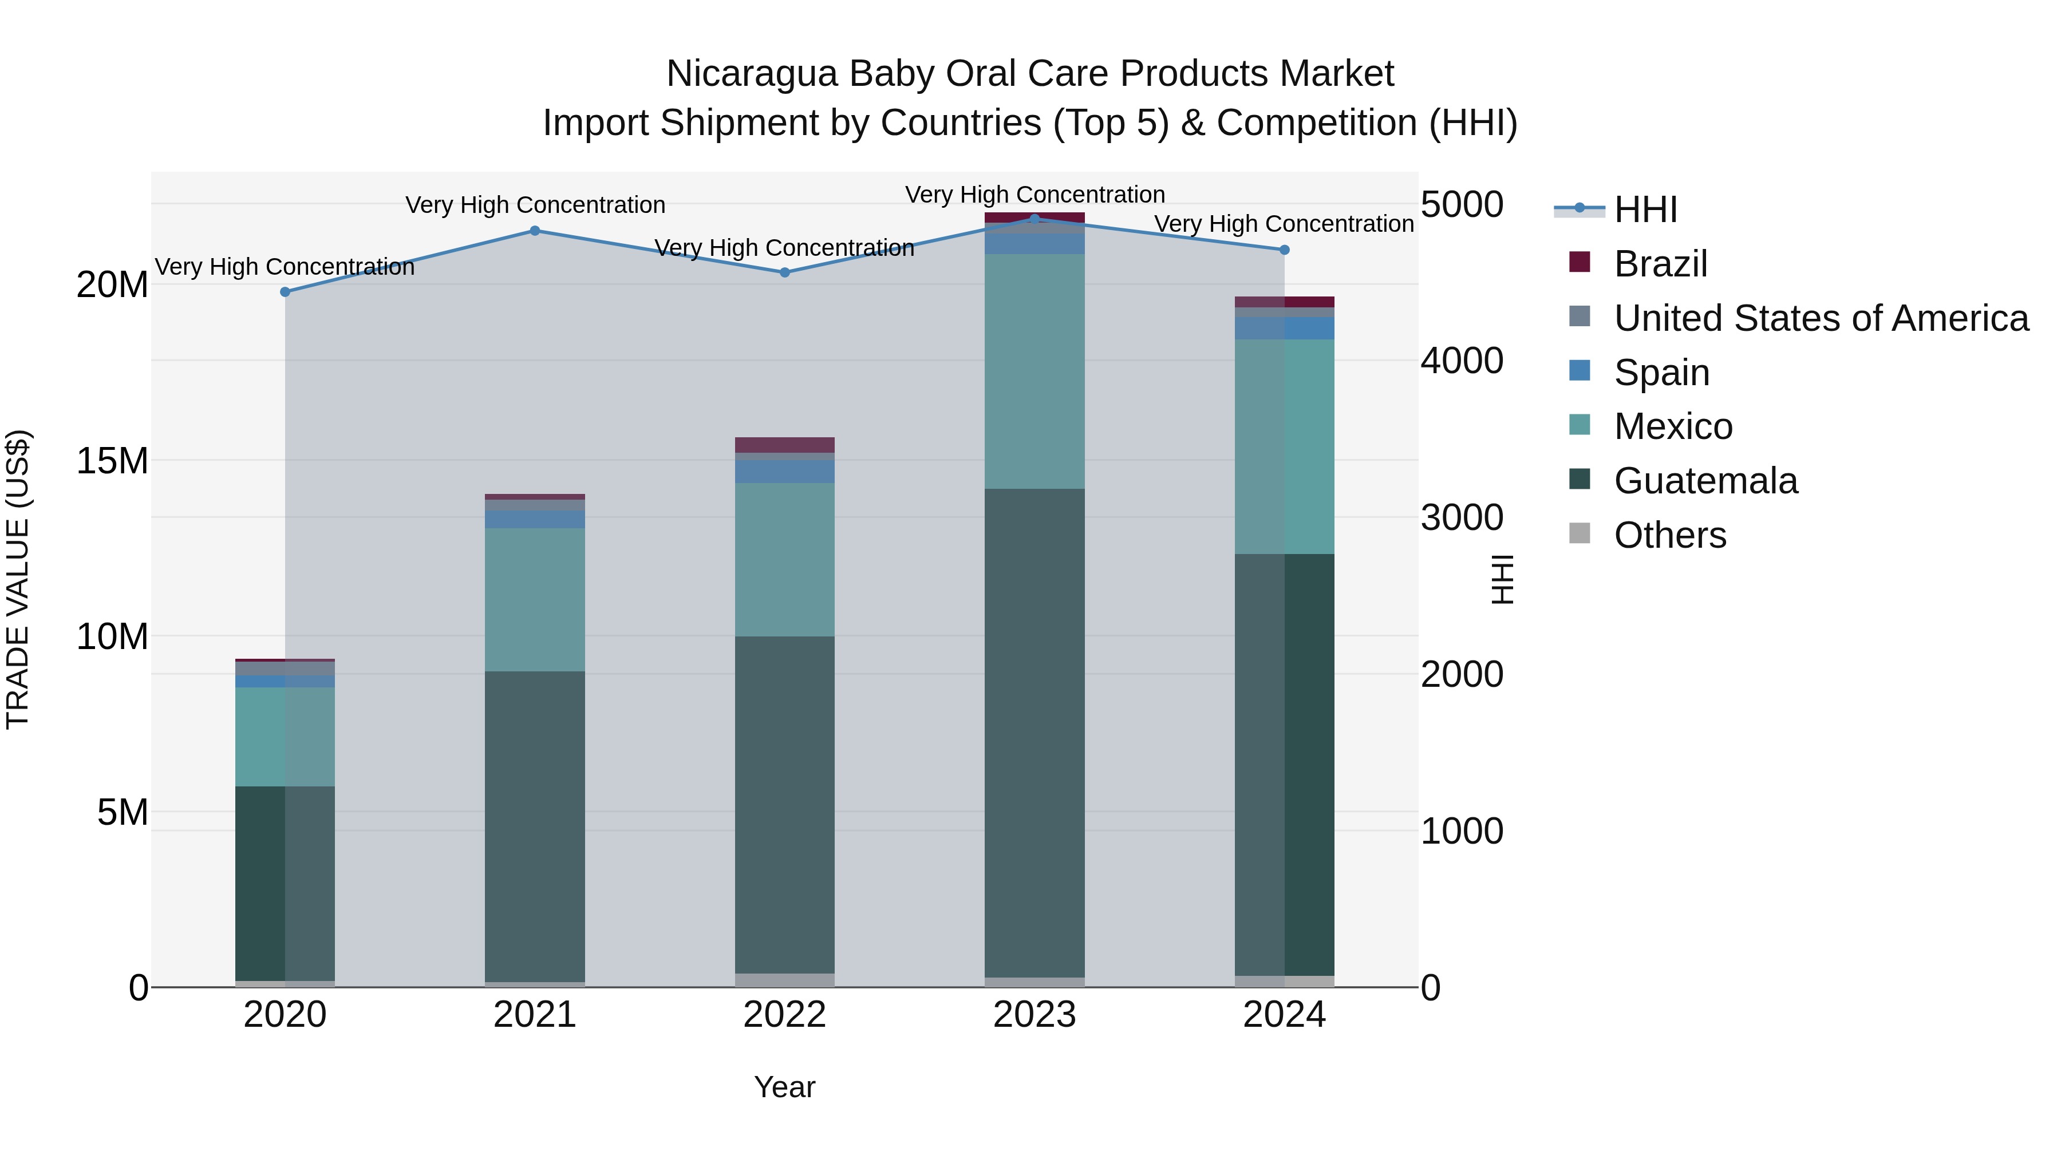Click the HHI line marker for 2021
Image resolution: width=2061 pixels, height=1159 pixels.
(x=535, y=231)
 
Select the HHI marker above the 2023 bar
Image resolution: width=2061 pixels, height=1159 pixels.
(x=1035, y=219)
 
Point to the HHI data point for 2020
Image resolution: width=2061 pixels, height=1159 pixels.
(x=286, y=292)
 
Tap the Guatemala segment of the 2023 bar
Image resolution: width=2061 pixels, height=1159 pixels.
(x=1035, y=732)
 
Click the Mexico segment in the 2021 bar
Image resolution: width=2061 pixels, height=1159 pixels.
(x=535, y=599)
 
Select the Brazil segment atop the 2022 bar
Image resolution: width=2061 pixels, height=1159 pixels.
(x=785, y=445)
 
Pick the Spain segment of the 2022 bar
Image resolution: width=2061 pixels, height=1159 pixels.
(x=785, y=471)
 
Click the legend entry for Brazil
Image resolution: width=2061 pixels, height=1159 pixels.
(x=1660, y=264)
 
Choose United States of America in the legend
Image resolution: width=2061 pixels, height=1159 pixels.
(x=1820, y=318)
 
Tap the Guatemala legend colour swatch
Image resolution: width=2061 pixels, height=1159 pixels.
(x=1580, y=480)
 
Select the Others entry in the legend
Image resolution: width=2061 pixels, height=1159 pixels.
(x=1670, y=535)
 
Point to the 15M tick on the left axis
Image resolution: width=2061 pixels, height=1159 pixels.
(x=112, y=461)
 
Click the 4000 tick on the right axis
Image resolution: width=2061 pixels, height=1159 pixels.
(x=1462, y=361)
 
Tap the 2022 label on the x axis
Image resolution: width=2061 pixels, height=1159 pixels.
(x=785, y=1015)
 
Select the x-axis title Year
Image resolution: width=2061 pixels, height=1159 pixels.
(x=785, y=1087)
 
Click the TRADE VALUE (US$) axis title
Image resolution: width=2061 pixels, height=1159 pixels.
(x=18, y=579)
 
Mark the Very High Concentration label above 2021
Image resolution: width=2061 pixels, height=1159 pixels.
(x=535, y=205)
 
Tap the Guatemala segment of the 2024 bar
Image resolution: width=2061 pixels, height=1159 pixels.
(x=1284, y=764)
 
